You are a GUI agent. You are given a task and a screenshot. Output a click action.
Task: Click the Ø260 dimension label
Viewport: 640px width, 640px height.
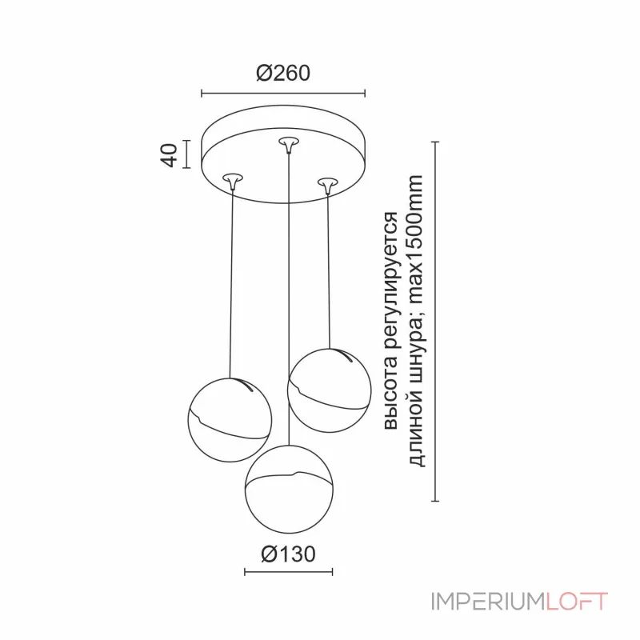(x=283, y=73)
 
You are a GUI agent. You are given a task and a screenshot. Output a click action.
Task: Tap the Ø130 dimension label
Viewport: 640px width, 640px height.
(x=288, y=554)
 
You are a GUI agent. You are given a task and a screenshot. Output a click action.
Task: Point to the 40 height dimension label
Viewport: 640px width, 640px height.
(x=169, y=155)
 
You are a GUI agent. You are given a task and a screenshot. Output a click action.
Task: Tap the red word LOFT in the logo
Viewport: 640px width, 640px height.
(x=576, y=602)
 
